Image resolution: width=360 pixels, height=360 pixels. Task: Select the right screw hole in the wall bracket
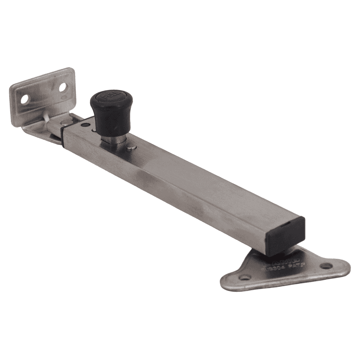coord(63,86)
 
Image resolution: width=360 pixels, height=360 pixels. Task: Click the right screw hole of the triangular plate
coord(326,266)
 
